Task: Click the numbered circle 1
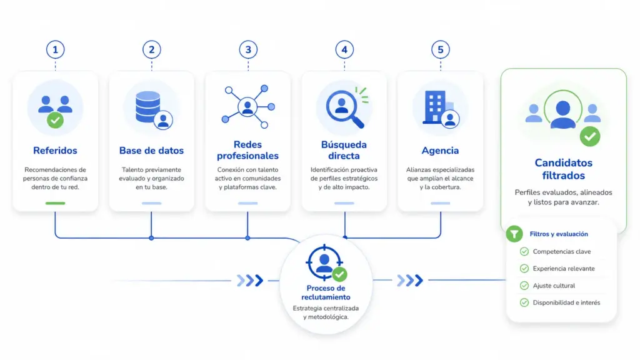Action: [55, 50]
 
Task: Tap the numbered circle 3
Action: [248, 50]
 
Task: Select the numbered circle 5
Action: [441, 50]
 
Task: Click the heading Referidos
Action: [55, 151]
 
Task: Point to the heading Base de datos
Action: [151, 151]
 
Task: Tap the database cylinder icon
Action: [147, 107]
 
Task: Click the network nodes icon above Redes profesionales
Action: [247, 107]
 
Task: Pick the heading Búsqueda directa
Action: [344, 150]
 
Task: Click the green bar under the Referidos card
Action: [55, 203]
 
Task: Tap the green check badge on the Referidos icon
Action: [55, 121]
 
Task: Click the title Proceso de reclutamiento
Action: [326, 292]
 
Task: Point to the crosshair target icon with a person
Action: [324, 262]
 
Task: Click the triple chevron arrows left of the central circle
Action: [250, 281]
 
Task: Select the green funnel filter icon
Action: [514, 234]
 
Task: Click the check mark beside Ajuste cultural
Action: [524, 286]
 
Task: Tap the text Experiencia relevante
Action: [564, 269]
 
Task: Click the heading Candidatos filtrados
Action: [563, 169]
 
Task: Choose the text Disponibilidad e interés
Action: [566, 303]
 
